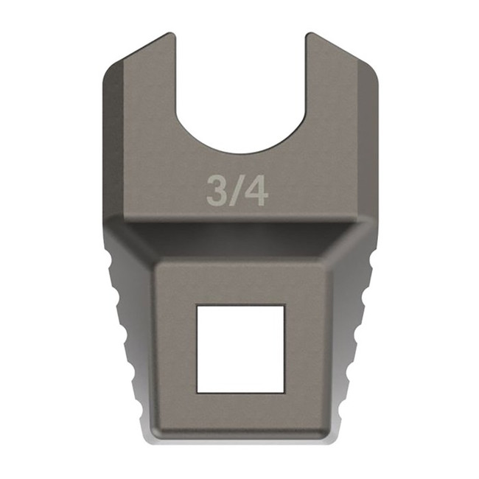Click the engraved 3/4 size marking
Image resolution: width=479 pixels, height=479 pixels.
pos(237,191)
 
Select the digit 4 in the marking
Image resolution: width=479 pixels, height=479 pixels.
pos(256,191)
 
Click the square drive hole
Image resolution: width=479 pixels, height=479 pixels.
pos(240,349)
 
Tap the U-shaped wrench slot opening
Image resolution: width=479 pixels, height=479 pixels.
pos(240,81)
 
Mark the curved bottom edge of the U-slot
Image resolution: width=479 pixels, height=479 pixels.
pos(240,151)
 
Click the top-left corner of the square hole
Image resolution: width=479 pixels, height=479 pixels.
pos(197,307)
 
